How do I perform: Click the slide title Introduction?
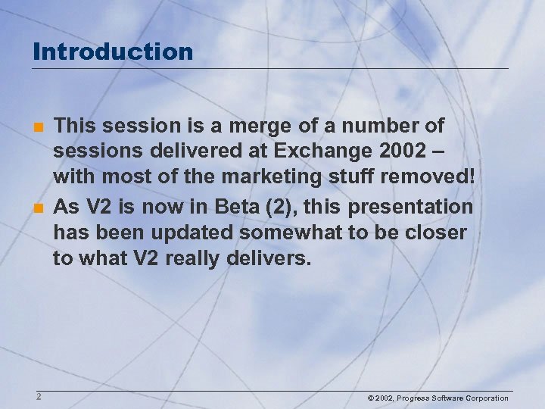[114, 52]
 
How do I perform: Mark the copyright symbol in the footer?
[371, 398]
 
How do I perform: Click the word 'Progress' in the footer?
[414, 398]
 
